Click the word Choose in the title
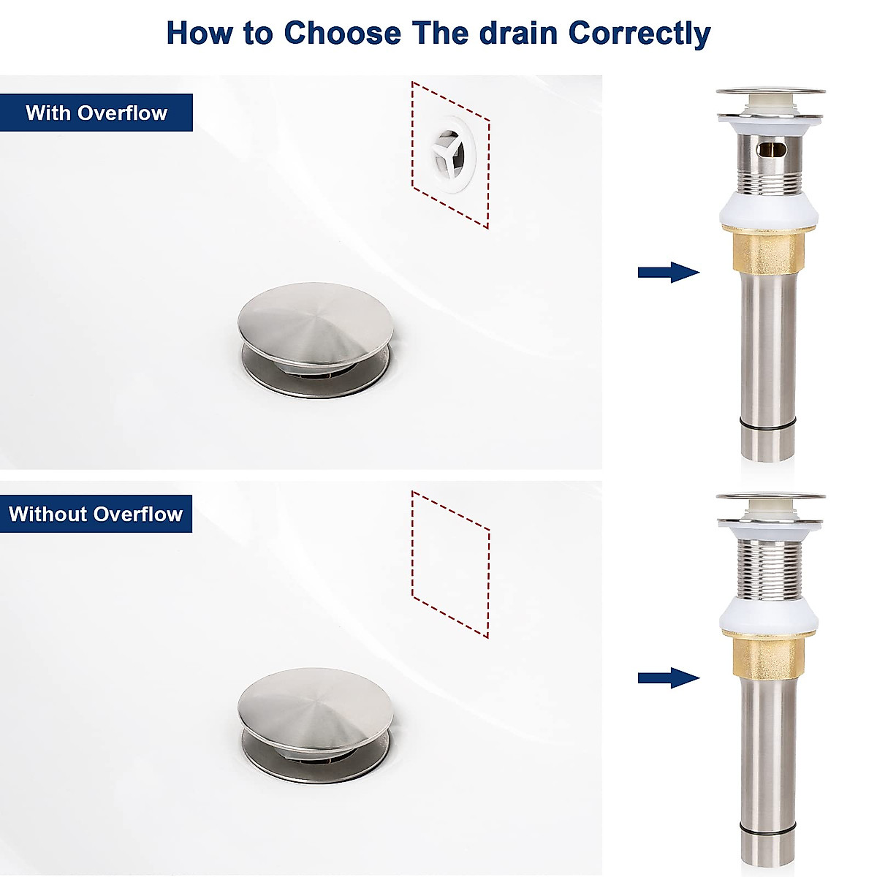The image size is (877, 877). (x=343, y=34)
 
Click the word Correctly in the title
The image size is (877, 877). (x=639, y=34)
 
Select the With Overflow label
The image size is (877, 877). (x=96, y=113)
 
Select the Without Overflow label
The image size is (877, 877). (x=96, y=514)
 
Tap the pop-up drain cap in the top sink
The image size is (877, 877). (x=316, y=322)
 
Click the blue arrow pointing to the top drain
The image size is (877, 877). (x=668, y=273)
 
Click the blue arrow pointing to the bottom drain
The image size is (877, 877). (x=668, y=678)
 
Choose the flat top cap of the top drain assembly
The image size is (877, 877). (x=770, y=92)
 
